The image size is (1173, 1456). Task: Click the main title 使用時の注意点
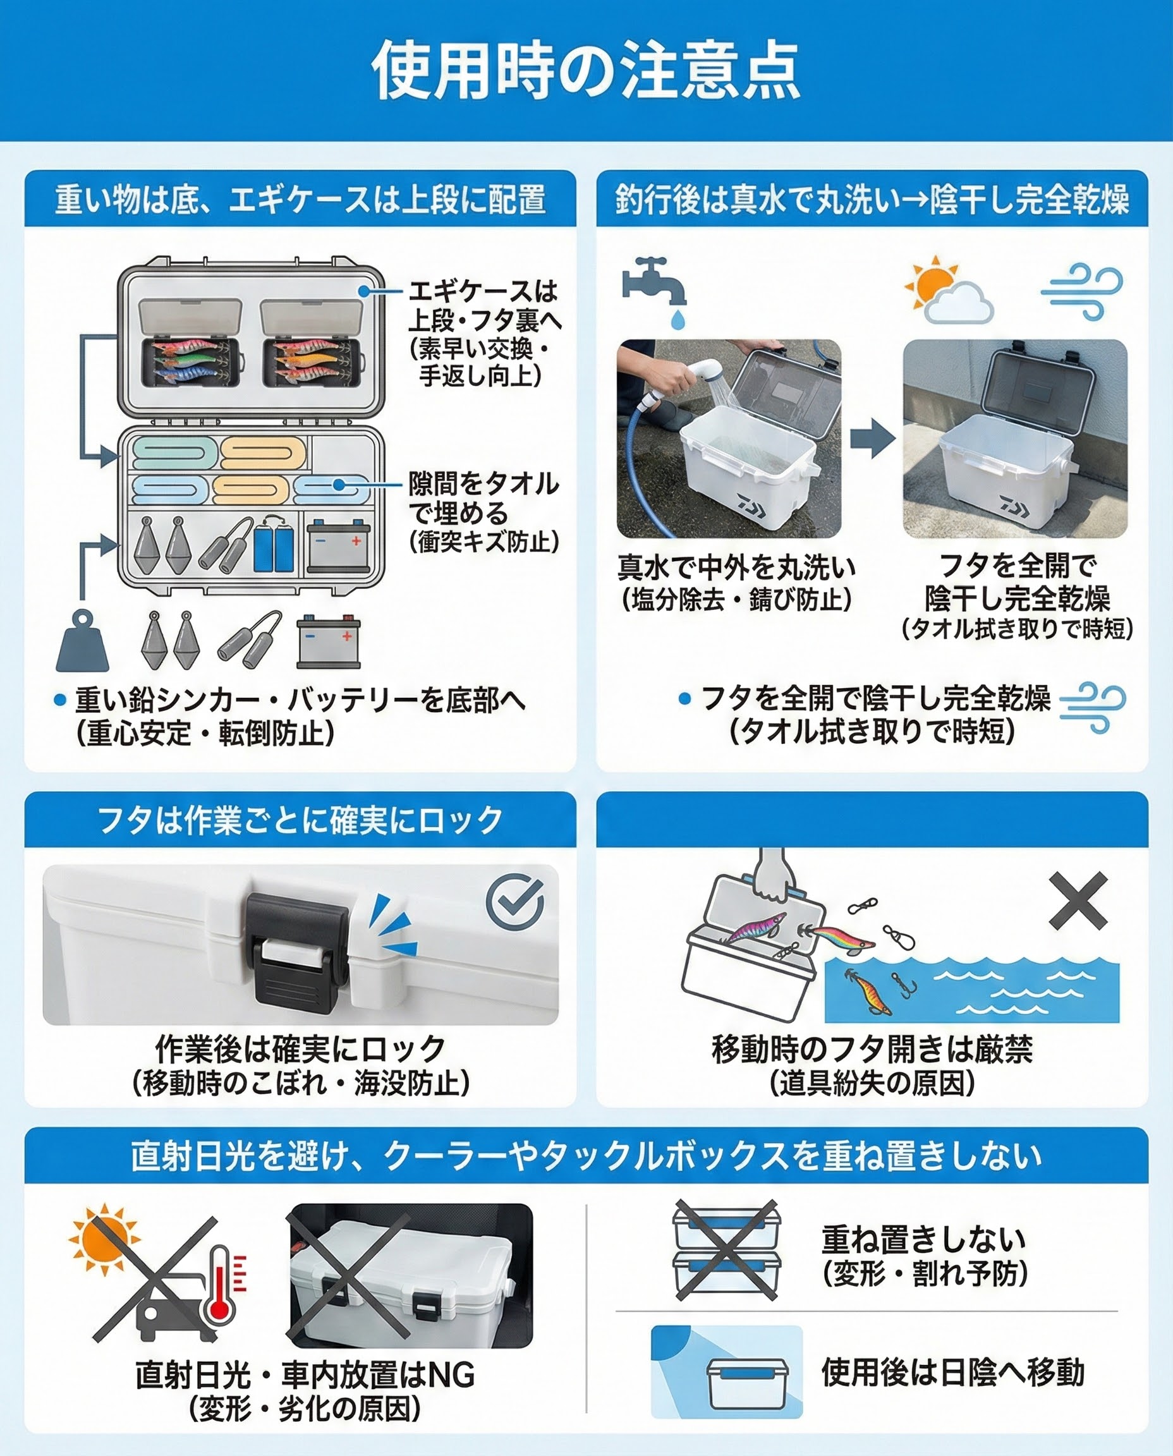pyautogui.click(x=586, y=70)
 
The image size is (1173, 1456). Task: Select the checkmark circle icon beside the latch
pyautogui.click(x=515, y=902)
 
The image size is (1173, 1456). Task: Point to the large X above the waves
pyautogui.click(x=1078, y=900)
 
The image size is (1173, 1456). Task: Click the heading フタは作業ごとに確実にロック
pyautogui.click(x=300, y=820)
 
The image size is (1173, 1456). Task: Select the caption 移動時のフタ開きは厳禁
pyautogui.click(x=872, y=1049)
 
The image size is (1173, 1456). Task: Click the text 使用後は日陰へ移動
pyautogui.click(x=952, y=1373)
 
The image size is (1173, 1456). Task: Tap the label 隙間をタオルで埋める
pyautogui.click(x=483, y=499)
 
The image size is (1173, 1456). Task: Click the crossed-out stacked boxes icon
pyautogui.click(x=727, y=1251)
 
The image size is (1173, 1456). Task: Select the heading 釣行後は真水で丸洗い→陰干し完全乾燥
pyautogui.click(x=872, y=200)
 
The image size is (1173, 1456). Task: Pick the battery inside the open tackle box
pyautogui.click(x=338, y=545)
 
